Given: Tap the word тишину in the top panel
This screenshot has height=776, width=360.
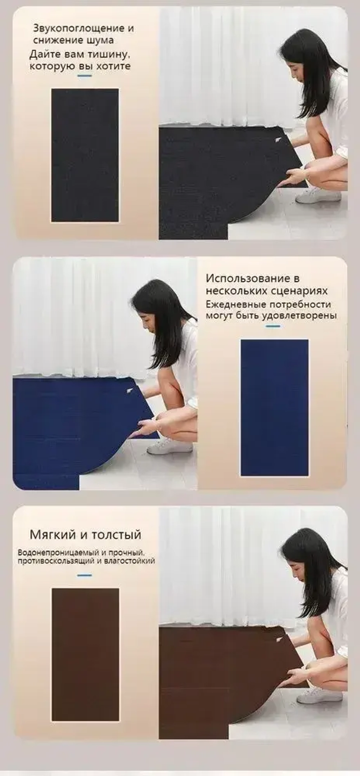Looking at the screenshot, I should (109, 55).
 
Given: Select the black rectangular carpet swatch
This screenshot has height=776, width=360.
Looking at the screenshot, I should (85, 155).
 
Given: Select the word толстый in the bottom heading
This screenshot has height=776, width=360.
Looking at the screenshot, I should (116, 534).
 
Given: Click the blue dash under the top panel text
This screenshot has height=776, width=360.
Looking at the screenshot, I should (85, 76).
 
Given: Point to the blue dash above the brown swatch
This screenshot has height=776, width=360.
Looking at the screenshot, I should (85, 575).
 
